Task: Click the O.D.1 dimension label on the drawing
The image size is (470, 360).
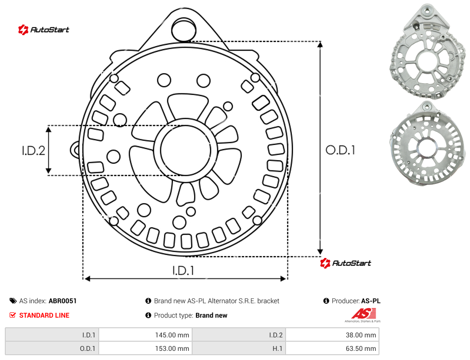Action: coord(340,150)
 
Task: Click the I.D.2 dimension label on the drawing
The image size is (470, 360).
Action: coord(33,151)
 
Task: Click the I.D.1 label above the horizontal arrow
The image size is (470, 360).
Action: coord(183,271)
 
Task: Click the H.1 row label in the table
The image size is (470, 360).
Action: coord(277,348)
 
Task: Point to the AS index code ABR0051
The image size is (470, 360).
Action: coord(62,301)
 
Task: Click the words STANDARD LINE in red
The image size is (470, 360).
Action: coord(44,315)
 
